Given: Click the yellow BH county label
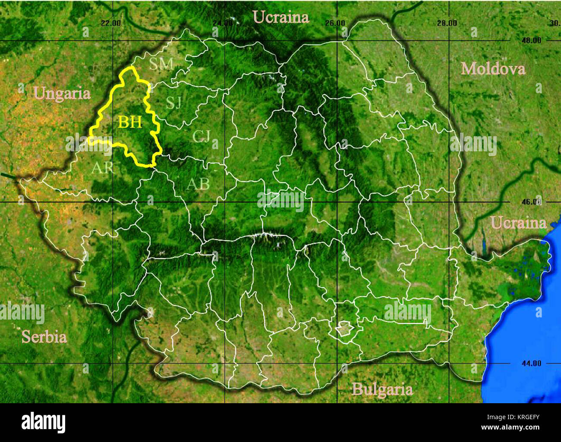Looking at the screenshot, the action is [x=130, y=122].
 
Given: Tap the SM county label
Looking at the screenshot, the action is [x=161, y=64].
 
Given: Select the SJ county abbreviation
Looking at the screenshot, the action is [x=174, y=103].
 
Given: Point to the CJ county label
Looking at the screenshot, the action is [x=201, y=136].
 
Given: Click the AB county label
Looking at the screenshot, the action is [x=198, y=184].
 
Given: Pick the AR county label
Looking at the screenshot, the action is [x=102, y=167].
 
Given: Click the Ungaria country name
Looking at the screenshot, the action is [x=62, y=94].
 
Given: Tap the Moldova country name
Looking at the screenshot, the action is [x=493, y=69].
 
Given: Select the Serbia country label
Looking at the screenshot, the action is [x=44, y=337].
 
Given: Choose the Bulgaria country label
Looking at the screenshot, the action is [x=382, y=389].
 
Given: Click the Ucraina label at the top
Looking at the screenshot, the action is [x=281, y=17].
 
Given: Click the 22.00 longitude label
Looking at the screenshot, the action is [x=110, y=23].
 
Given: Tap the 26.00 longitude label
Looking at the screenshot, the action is [x=334, y=23].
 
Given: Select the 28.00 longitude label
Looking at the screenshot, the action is [x=447, y=23].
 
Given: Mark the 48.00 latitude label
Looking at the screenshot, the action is [x=530, y=41].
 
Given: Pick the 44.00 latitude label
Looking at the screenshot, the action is [x=530, y=363].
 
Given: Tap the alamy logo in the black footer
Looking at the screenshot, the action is [x=44, y=422].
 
